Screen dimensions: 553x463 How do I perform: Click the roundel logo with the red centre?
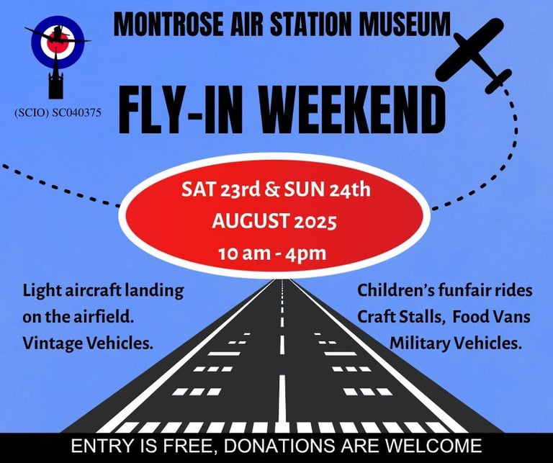click(x=58, y=42)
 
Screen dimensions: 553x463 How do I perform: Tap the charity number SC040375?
click(x=76, y=113)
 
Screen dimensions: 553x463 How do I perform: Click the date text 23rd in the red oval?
click(x=240, y=189)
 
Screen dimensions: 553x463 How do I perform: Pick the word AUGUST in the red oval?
click(x=250, y=222)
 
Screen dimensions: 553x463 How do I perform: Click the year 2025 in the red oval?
click(x=315, y=222)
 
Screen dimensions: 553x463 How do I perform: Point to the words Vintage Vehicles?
click(x=88, y=343)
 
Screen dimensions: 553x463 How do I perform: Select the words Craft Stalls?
click(x=400, y=317)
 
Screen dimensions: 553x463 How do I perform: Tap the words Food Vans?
click(x=491, y=316)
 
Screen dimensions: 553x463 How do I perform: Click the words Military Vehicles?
click(x=456, y=343)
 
